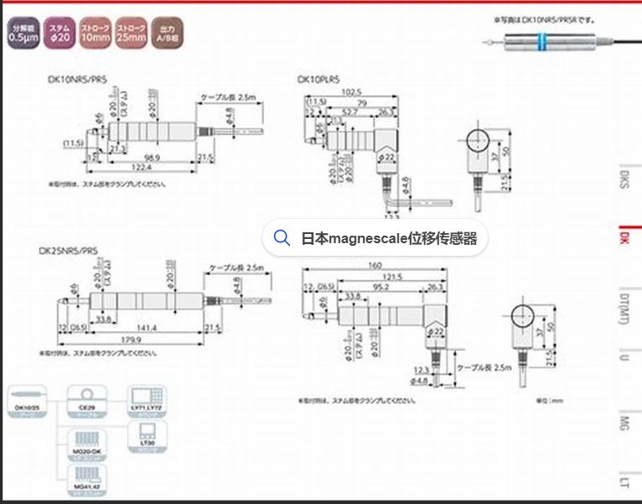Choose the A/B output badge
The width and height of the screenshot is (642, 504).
coord(167,33)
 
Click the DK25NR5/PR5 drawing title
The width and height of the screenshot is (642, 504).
coord(68,250)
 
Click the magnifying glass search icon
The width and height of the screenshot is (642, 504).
coord(282,238)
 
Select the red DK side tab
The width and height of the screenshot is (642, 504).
coord(624,238)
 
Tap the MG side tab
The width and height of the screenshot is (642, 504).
coord(624,420)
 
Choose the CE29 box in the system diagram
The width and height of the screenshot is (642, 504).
coord(84,397)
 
